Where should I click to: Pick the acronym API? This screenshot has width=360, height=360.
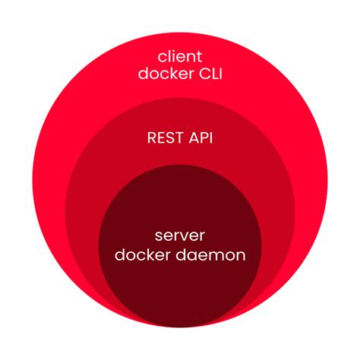[x=200, y=139]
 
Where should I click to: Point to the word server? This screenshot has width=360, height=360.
[x=180, y=235]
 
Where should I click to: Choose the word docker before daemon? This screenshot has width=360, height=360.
[x=141, y=255]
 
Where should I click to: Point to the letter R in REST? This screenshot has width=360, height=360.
[x=151, y=139]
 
